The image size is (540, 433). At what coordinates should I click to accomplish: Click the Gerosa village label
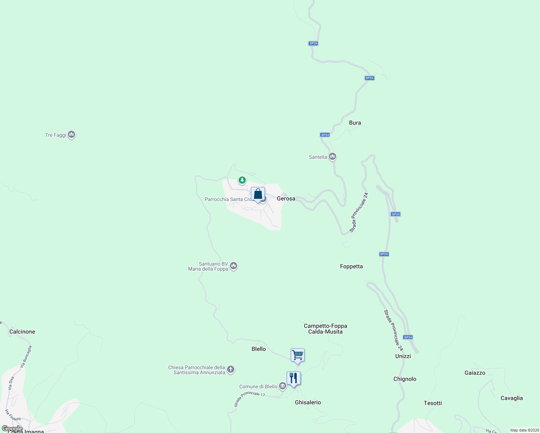(x=286, y=198)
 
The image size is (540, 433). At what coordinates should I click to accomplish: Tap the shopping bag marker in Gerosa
(x=258, y=194)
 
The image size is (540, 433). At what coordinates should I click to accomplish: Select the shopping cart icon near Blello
(x=297, y=355)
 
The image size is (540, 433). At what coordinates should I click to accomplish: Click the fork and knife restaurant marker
(x=293, y=379)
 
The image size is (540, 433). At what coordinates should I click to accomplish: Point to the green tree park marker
(x=242, y=180)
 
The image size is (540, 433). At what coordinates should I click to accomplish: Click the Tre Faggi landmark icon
(x=71, y=135)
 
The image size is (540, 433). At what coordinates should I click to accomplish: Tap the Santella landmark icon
(x=332, y=157)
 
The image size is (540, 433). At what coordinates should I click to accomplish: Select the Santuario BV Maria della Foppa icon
(x=234, y=266)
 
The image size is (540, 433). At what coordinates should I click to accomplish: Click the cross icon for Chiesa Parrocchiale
(x=231, y=369)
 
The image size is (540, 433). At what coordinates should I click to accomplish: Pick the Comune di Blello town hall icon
(x=283, y=386)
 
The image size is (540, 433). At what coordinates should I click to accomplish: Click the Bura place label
(x=355, y=123)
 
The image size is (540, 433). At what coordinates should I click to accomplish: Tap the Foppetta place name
(x=351, y=266)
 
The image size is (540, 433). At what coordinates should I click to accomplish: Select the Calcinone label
(x=22, y=332)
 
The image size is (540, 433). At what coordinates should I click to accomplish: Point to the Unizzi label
(x=403, y=356)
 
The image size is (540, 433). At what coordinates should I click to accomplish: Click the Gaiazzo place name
(x=475, y=373)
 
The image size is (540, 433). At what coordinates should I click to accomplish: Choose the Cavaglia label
(x=511, y=398)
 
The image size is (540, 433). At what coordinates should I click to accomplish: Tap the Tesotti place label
(x=432, y=403)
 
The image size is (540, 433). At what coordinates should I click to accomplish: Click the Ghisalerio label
(x=308, y=402)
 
